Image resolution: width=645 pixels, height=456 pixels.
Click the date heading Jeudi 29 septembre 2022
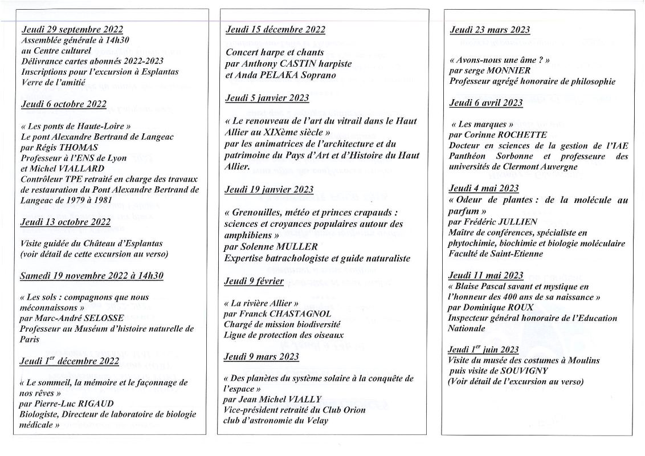point(72,30)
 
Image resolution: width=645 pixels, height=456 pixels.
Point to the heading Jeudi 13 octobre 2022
point(66,222)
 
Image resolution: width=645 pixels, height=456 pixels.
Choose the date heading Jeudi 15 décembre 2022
point(275,30)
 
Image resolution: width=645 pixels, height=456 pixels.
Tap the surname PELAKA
point(280,75)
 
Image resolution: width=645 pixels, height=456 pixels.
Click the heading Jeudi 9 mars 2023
point(262,357)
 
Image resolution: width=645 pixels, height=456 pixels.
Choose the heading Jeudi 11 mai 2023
point(486,275)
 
